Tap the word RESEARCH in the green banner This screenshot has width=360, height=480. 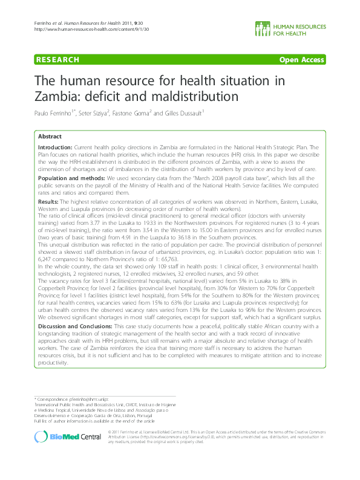coord(57,60)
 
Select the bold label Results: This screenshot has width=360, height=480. coord(48,201)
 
